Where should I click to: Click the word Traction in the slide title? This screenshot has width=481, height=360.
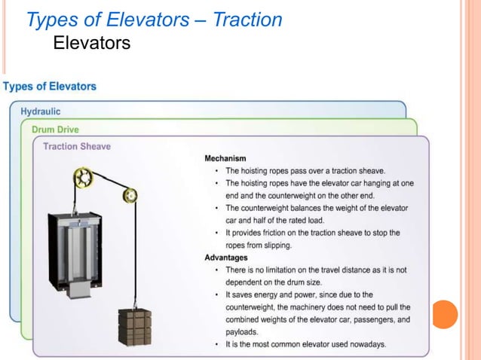coord(247,20)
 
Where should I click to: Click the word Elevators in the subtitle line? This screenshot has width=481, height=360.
coord(91,44)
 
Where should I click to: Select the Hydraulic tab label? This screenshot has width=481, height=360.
coord(41,111)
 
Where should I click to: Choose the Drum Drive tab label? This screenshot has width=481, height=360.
coord(55,129)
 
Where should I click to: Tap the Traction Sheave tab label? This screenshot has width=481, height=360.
coord(77,146)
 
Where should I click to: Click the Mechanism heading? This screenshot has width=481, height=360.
coord(229,159)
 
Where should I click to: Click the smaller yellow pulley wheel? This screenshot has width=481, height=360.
coord(130,195)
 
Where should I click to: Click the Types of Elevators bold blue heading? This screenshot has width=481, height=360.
coord(50,86)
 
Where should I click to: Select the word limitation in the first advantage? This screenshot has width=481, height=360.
coord(291,270)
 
